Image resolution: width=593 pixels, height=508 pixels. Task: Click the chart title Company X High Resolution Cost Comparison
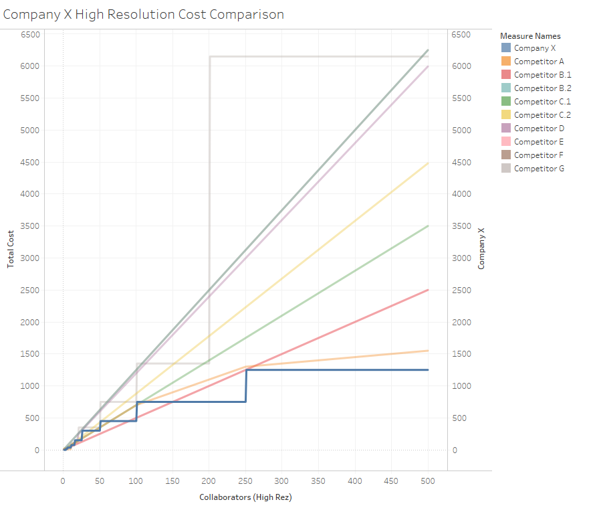point(144,14)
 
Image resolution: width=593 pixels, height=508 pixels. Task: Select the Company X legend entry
point(534,48)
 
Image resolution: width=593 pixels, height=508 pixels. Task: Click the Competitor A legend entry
point(538,62)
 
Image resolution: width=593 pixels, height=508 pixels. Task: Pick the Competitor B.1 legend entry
point(542,75)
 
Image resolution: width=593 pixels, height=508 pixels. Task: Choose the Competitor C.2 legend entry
point(542,115)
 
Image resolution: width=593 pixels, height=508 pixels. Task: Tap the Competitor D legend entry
point(539,129)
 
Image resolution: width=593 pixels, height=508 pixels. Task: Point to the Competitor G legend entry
point(539,169)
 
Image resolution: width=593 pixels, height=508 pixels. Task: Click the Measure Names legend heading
point(530,36)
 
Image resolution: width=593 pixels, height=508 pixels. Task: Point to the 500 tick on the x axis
point(428,481)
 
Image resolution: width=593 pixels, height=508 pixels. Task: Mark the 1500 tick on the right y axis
point(461,354)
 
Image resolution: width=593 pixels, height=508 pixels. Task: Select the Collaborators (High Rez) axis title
point(245,497)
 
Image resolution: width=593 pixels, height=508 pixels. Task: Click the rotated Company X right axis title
point(481,248)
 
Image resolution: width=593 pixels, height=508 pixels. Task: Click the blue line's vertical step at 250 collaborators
point(246,386)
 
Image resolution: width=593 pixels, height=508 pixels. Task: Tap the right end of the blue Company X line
point(428,370)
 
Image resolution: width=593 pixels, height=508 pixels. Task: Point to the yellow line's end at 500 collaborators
point(428,163)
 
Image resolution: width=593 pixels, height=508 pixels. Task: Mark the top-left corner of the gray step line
point(210,57)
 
